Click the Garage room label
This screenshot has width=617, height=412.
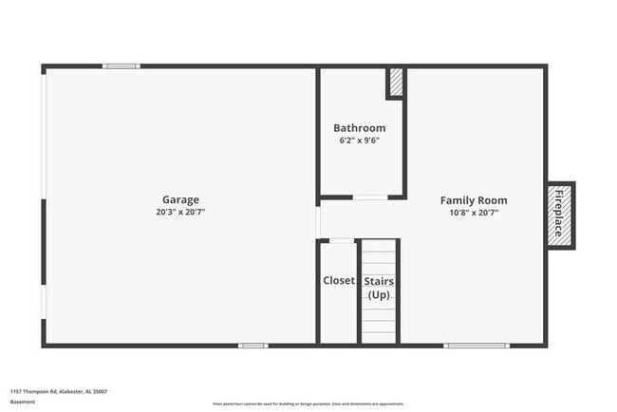[180, 199]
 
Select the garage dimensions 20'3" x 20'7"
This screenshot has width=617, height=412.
[180, 212]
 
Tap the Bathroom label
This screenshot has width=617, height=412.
[359, 128]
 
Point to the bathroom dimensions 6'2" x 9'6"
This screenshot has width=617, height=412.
[359, 140]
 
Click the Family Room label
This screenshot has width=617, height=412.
[473, 200]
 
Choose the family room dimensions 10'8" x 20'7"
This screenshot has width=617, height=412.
[473, 213]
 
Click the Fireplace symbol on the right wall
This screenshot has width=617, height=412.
[559, 215]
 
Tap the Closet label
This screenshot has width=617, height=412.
[339, 281]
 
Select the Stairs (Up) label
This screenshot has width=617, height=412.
[379, 289]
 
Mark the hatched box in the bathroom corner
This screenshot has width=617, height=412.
[395, 83]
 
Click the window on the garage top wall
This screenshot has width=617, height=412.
[122, 66]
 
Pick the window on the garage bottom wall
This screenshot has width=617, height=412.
[252, 346]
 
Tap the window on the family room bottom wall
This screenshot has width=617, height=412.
[477, 346]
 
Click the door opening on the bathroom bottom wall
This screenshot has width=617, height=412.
[369, 197]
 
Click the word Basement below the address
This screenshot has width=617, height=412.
[23, 402]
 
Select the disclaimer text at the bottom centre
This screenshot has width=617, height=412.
[308, 403]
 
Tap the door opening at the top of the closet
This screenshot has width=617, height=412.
[341, 241]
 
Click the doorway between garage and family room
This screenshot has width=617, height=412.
[318, 221]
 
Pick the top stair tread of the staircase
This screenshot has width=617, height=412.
[379, 245]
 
